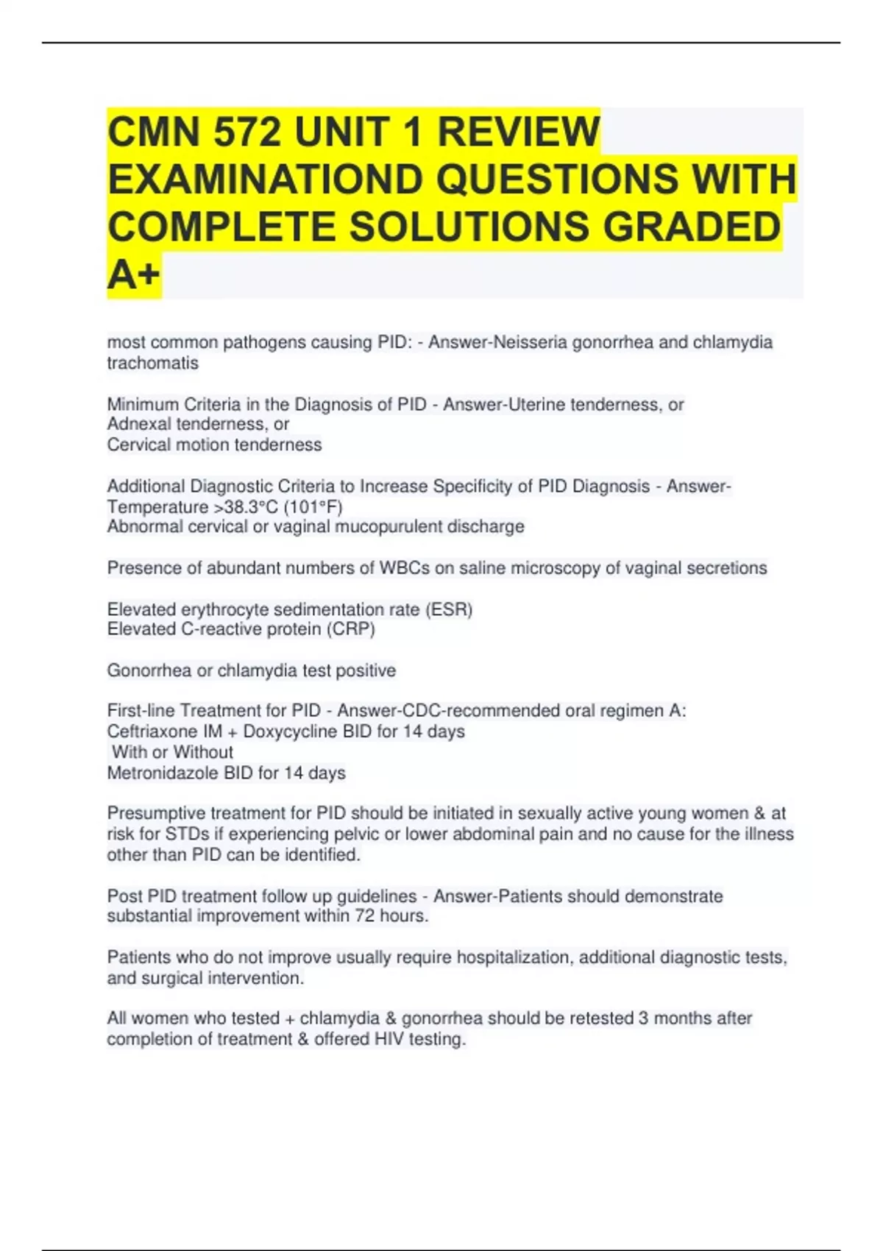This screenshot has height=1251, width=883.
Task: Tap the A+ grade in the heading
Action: click(x=133, y=274)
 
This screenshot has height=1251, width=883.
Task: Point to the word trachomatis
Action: click(x=152, y=363)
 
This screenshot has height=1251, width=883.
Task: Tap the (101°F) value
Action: click(x=313, y=507)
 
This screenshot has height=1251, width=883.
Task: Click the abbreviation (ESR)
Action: click(x=449, y=609)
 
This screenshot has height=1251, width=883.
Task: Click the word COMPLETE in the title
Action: click(x=222, y=227)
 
